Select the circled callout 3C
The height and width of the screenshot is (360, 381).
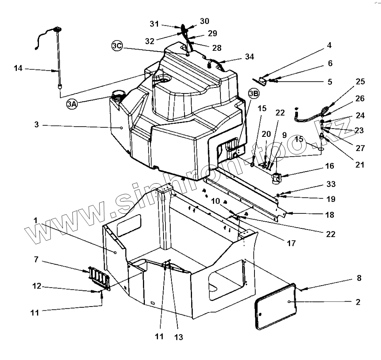117,46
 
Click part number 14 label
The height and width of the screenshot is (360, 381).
18,69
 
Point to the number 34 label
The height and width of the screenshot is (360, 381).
250,56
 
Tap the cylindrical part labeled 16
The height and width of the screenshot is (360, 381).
277,178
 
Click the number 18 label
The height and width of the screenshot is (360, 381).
330,215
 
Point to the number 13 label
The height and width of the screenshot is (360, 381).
179,337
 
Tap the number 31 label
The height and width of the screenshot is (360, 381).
154,23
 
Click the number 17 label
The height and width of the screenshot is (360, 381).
291,243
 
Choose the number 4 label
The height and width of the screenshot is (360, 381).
329,46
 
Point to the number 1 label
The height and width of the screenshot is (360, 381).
36,221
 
